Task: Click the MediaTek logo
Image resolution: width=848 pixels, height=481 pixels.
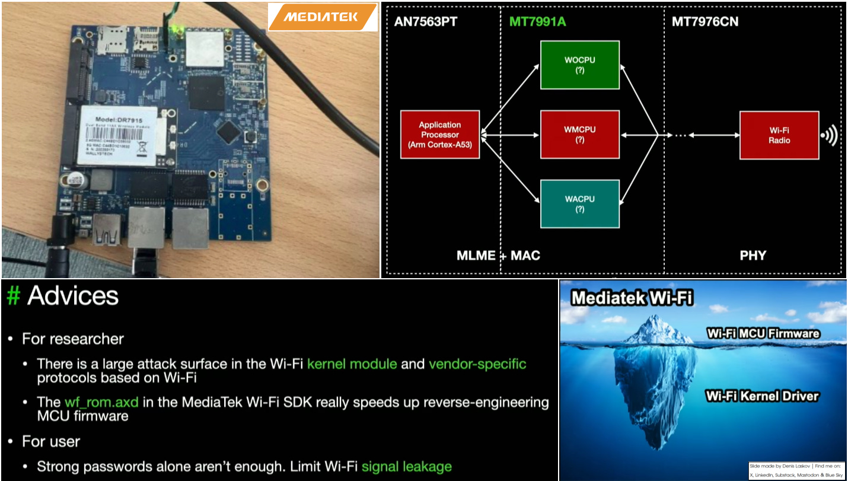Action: [322, 17]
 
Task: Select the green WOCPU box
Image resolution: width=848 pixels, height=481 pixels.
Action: [579, 65]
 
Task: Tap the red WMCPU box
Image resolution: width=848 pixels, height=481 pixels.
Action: [579, 135]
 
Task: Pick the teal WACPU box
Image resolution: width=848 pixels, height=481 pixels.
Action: [579, 203]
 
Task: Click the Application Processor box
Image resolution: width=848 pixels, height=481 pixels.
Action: [440, 135]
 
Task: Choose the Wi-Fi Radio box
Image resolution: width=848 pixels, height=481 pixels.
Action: [779, 135]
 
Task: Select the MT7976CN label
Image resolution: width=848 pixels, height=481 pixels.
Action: [705, 22]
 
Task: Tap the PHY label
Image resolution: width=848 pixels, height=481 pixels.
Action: [753, 256]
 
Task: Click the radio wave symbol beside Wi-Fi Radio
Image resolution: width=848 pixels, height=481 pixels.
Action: [830, 136]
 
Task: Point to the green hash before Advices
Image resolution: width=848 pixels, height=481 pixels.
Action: [13, 295]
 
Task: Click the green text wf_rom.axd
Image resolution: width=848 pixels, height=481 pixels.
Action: [101, 402]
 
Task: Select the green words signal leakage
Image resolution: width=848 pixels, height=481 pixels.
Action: [406, 466]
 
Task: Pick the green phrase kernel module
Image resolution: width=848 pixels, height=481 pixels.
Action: [352, 364]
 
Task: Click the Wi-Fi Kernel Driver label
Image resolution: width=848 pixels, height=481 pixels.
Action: [762, 396]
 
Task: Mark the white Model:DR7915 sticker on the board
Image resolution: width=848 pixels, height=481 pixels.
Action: [119, 135]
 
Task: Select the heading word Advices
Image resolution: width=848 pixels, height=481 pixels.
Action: [73, 295]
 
